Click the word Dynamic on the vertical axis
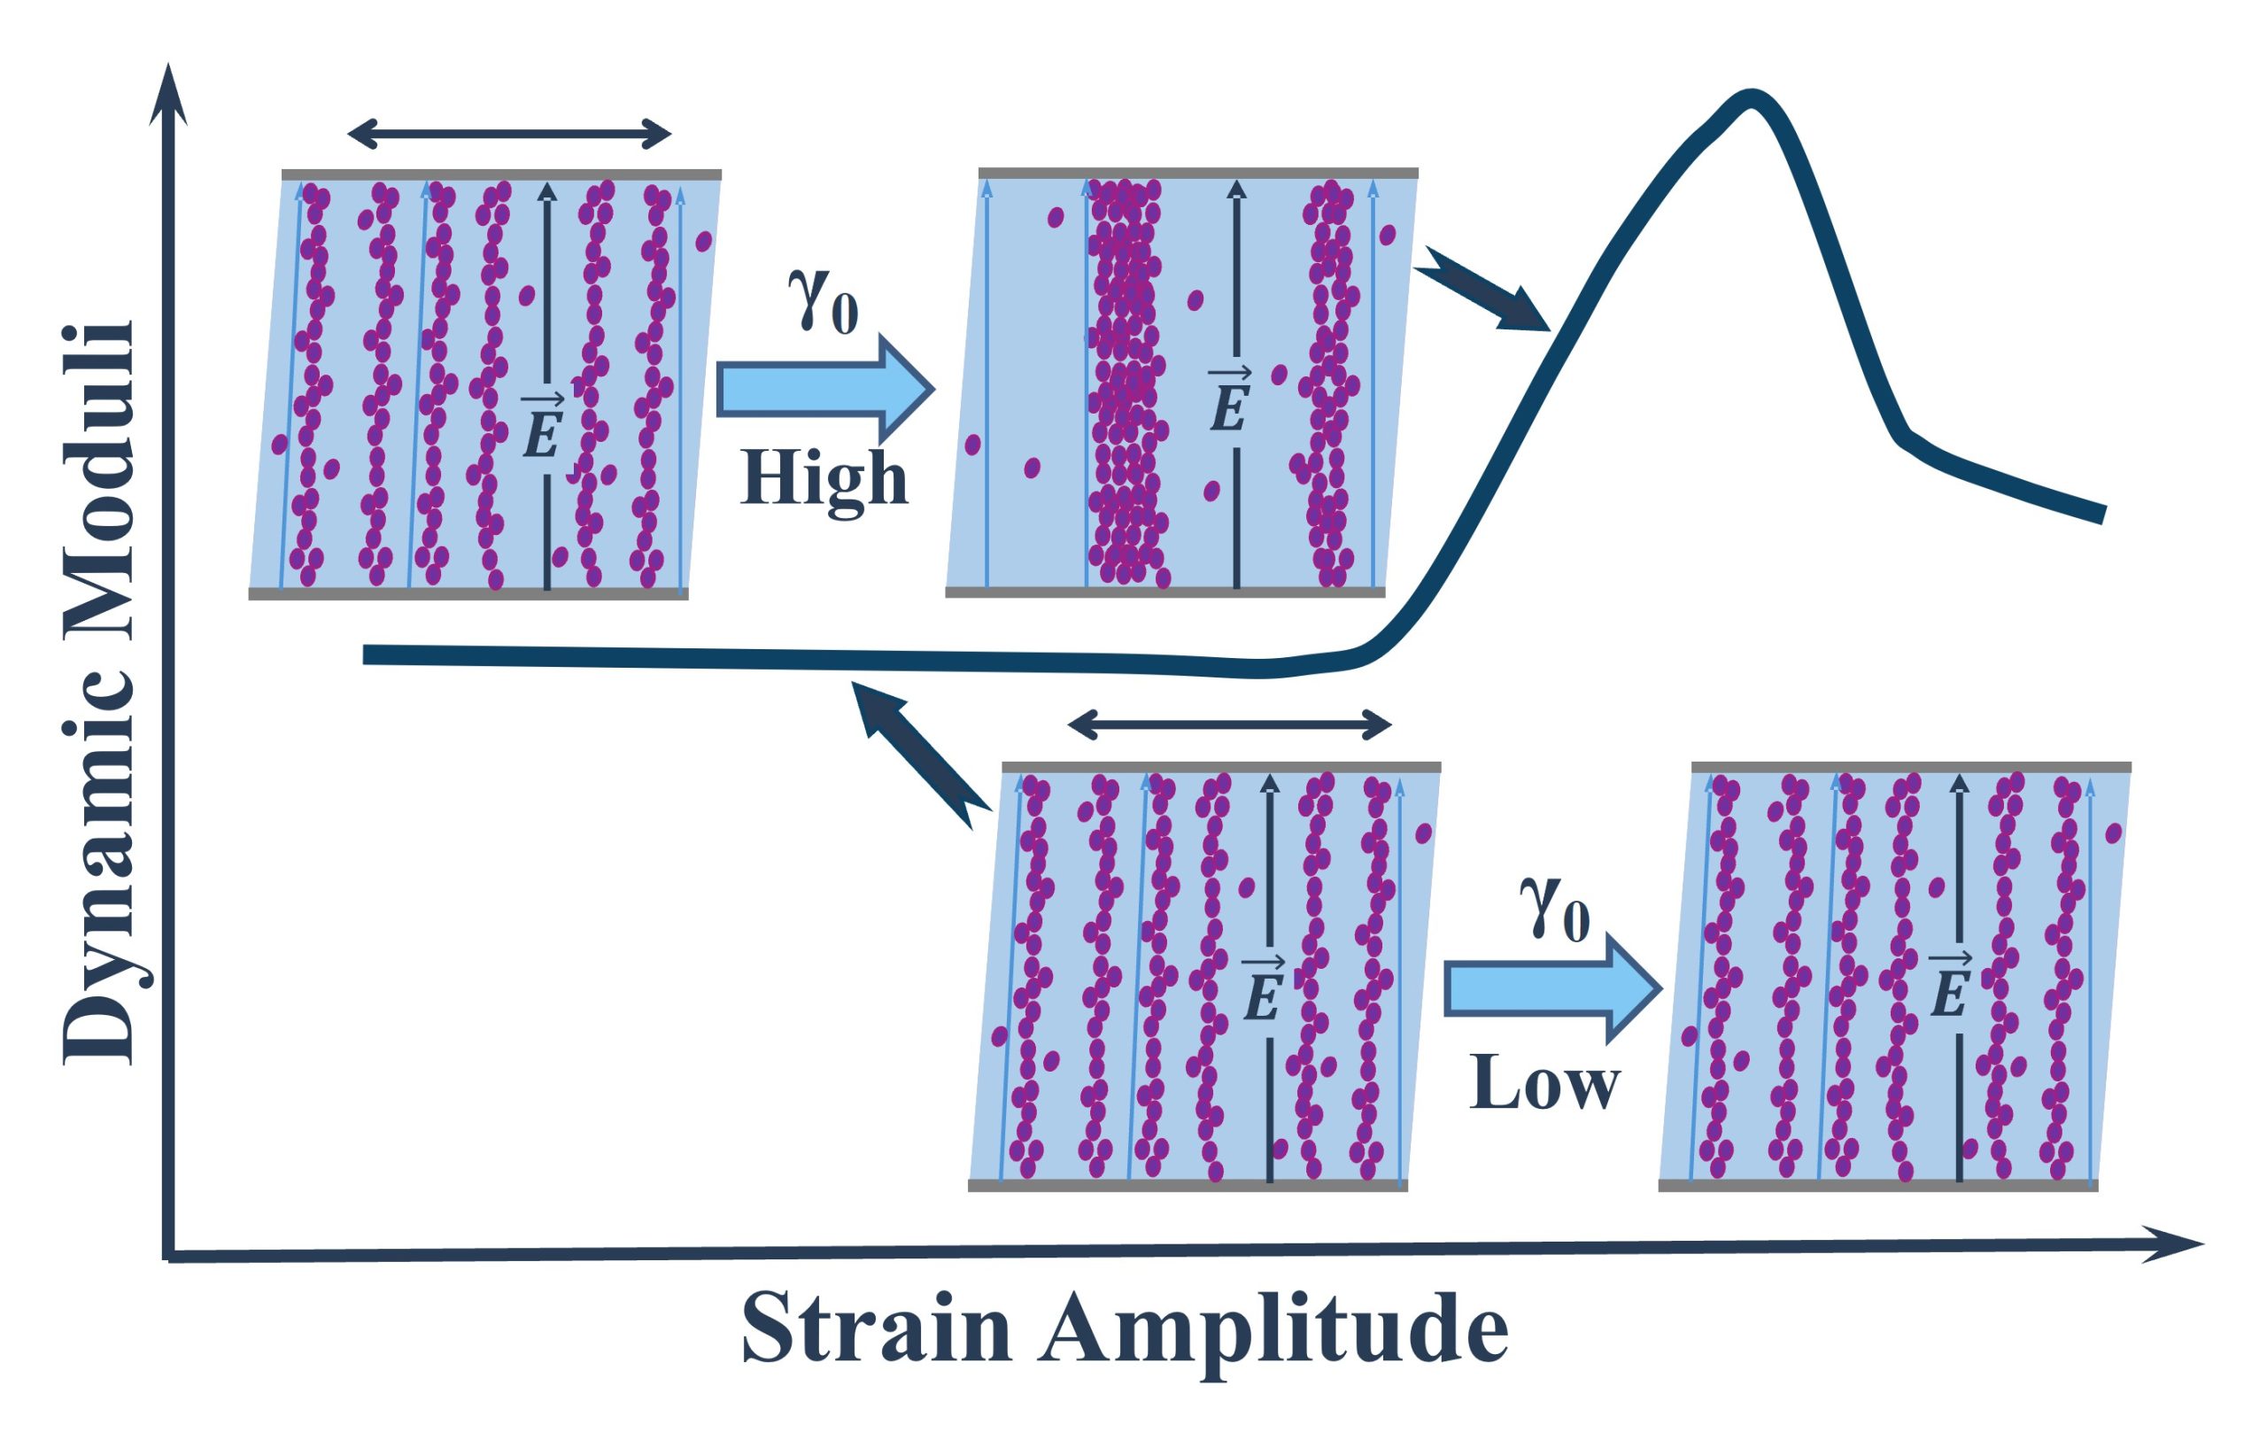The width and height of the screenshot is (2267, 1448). tap(99, 838)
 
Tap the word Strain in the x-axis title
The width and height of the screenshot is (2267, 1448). tap(876, 1329)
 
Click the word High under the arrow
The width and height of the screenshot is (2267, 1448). tap(824, 479)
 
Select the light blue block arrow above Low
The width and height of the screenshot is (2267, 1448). tap(1551, 988)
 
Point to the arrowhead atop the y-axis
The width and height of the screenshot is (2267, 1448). tap(168, 94)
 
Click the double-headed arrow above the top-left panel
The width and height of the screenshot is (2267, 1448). tap(509, 134)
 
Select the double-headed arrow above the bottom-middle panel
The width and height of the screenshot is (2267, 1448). tap(1229, 724)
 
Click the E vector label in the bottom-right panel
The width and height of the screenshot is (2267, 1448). tap(1949, 987)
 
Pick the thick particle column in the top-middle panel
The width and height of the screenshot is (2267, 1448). tap(1125, 382)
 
